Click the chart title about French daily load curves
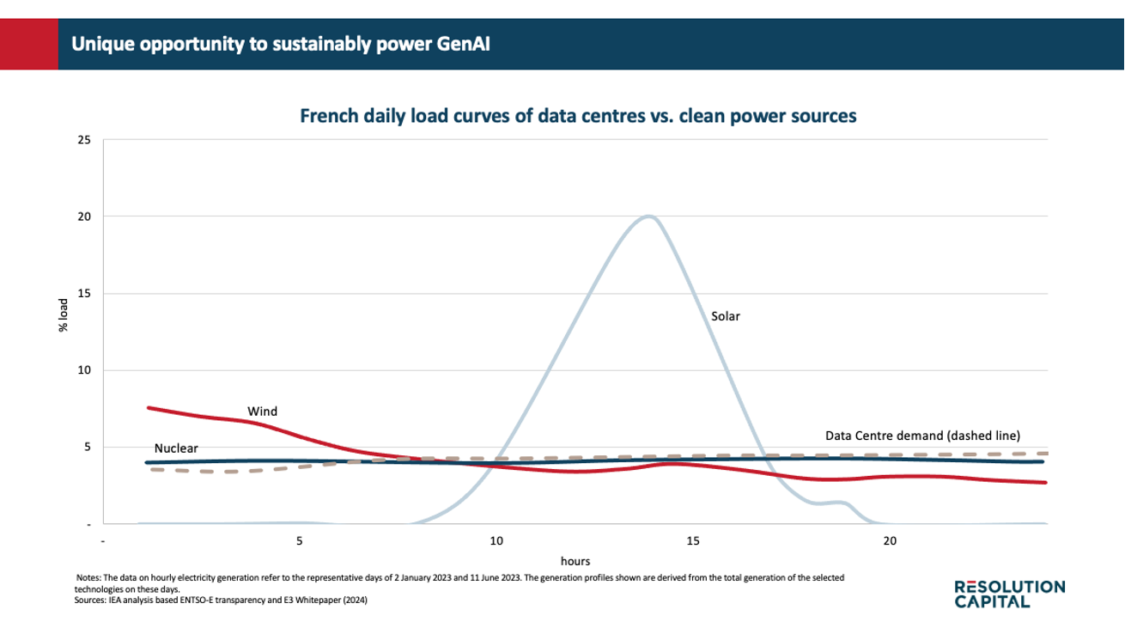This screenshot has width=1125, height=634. point(577,116)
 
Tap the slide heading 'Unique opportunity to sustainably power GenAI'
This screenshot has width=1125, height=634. point(281,44)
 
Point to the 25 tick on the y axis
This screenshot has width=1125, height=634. point(84,139)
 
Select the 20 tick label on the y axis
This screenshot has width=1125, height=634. point(84,216)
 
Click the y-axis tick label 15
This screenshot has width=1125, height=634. point(84,294)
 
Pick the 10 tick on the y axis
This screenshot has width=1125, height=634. point(84,370)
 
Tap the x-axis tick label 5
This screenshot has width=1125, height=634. point(300,541)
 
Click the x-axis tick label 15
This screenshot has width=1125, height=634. point(693,541)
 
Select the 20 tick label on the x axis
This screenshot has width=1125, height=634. point(890,541)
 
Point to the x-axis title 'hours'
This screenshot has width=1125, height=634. point(575,561)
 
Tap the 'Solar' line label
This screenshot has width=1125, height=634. point(726,316)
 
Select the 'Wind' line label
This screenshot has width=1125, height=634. point(263,411)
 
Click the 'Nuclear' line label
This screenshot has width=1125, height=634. point(176,448)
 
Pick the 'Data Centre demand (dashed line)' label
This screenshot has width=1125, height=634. point(922,435)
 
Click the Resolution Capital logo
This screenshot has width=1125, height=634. point(1010,594)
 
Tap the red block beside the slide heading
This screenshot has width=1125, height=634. point(29,44)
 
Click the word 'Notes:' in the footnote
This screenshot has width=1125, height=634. point(88,578)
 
